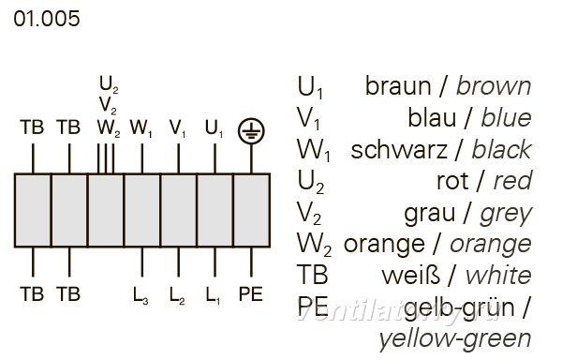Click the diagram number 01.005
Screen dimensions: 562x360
[x=47, y=19]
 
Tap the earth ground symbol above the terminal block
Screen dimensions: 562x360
[x=251, y=131]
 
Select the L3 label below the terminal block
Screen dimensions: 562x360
[x=140, y=295]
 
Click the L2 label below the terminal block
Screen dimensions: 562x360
[x=177, y=295]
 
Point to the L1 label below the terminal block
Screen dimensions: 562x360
[x=213, y=295]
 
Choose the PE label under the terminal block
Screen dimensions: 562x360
[x=251, y=294]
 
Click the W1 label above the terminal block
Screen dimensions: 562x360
[x=140, y=128]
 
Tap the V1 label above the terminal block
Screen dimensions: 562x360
[x=177, y=128]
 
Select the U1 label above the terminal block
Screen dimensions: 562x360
[x=214, y=128]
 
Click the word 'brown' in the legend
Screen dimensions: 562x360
[x=494, y=86]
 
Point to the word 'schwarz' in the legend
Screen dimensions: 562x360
[x=399, y=149]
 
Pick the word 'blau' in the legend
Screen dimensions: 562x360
[x=432, y=117]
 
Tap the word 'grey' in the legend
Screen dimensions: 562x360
[x=506, y=214]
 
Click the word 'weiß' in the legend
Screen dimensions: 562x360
[x=411, y=276]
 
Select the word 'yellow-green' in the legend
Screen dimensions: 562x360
[x=455, y=339]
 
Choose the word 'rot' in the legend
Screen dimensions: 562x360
[x=452, y=181]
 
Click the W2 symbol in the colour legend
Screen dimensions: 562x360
[x=314, y=246]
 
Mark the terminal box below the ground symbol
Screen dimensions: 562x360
[x=252, y=211]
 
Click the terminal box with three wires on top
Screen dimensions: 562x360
[x=106, y=211]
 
